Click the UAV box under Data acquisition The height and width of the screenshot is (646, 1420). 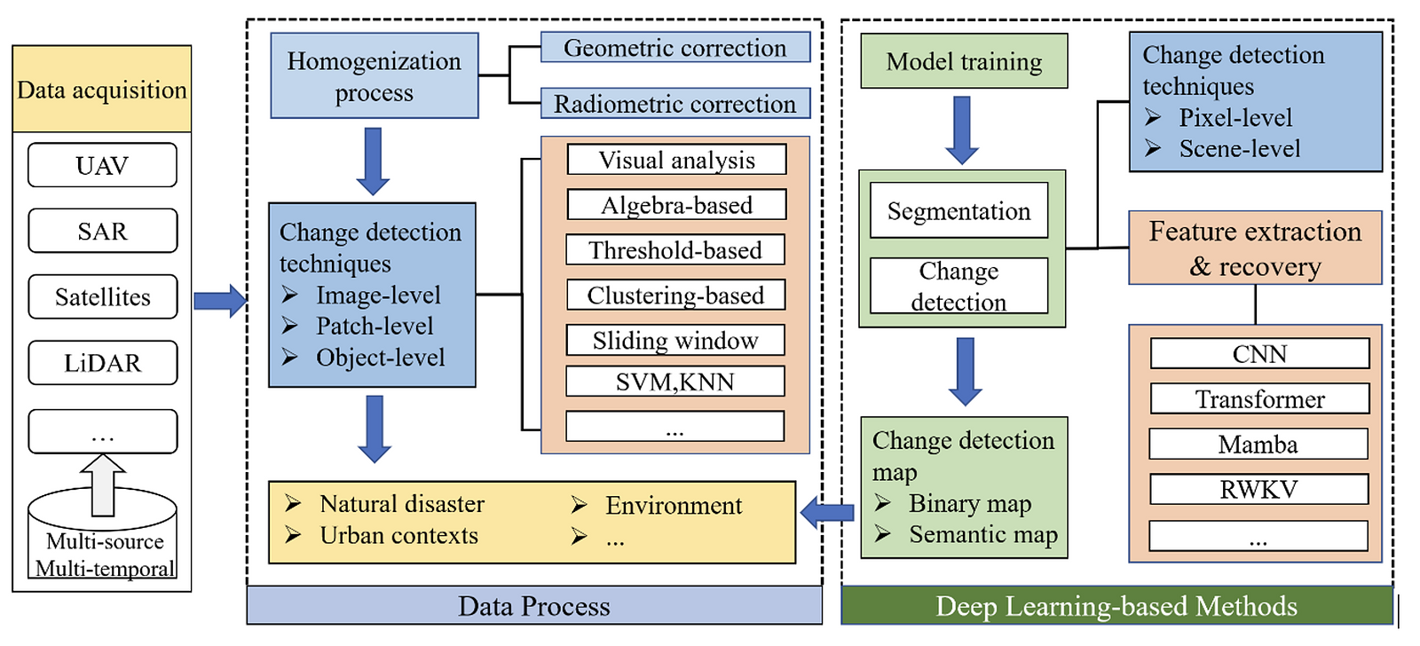102,166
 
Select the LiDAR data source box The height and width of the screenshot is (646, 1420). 102,363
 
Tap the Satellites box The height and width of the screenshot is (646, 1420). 102,296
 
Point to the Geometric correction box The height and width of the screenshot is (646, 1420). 674,48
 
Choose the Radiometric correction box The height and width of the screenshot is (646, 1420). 674,104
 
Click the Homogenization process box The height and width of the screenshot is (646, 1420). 374,76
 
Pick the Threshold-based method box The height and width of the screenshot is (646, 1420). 675,250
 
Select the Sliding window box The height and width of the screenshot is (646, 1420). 675,340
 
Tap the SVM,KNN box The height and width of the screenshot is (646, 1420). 675,382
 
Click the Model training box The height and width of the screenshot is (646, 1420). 964,61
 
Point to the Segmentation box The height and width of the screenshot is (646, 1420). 958,211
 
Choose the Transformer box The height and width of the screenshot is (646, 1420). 1259,399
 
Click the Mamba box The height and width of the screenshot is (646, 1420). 1258,444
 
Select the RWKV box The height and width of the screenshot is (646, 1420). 1258,489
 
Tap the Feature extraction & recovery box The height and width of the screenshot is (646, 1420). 1255,248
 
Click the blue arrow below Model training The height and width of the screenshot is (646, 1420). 962,130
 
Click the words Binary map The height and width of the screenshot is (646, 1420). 969,504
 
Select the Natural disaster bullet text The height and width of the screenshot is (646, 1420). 401,504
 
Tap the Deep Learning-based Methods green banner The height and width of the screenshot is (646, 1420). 1116,606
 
